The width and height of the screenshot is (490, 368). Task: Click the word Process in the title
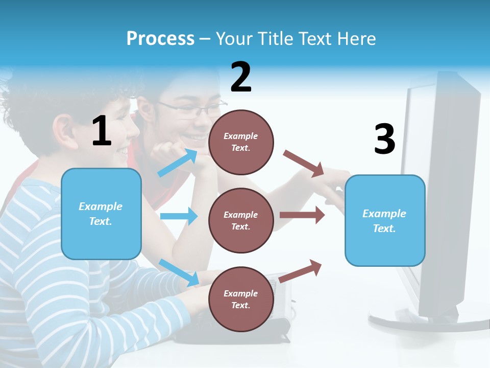click(x=160, y=39)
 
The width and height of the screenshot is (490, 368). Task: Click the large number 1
click(x=102, y=131)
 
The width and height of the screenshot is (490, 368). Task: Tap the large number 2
click(x=241, y=77)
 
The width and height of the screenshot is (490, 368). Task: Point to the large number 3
click(x=385, y=139)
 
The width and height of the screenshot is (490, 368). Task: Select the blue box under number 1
click(x=101, y=214)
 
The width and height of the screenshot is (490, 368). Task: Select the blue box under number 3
click(x=385, y=220)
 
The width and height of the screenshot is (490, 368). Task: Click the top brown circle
click(x=241, y=142)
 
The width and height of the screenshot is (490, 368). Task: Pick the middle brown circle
click(x=241, y=220)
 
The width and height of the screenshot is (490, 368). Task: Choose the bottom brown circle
click(x=241, y=299)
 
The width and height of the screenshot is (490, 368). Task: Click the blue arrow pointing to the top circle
click(x=177, y=163)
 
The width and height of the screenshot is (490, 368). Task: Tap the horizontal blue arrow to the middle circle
click(x=179, y=216)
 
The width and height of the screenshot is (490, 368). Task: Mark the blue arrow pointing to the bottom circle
click(x=179, y=272)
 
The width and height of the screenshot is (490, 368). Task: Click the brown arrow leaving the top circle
click(x=304, y=164)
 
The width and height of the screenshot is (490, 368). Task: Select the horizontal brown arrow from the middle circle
click(x=302, y=215)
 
